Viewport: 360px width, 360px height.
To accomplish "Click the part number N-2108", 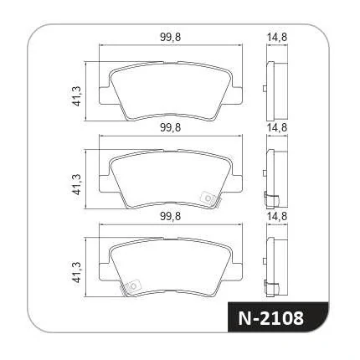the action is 270,318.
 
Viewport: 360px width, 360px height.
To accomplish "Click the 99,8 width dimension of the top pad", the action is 171,38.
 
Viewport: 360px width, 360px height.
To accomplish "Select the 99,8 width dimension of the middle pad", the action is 171,128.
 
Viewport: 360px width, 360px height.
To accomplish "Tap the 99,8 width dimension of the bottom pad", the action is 171,216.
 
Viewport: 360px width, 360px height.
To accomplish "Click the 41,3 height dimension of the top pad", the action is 76,96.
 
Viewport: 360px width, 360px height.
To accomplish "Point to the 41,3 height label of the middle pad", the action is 76,184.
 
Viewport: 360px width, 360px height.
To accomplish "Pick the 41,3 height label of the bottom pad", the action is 76,273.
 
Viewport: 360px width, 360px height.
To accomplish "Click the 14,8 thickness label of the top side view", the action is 277,37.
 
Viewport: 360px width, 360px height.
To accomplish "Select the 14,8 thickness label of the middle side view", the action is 277,128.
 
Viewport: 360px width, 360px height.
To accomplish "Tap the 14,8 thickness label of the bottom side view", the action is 277,216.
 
